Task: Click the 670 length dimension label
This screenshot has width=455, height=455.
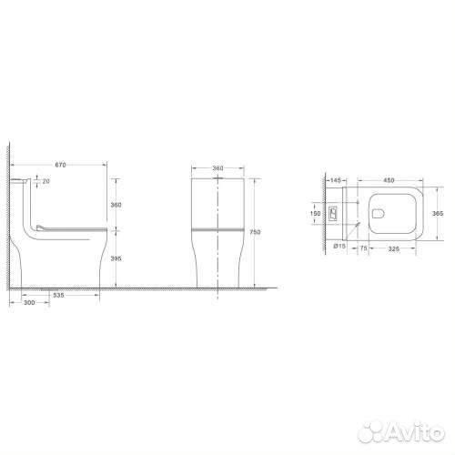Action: click(x=60, y=165)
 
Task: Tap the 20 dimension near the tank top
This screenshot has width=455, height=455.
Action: click(x=45, y=181)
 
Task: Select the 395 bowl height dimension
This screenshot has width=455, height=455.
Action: click(x=116, y=258)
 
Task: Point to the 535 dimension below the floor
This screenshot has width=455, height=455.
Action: click(x=58, y=295)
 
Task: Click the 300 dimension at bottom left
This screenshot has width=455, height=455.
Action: click(x=29, y=302)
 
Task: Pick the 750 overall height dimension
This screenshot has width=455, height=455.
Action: click(x=255, y=232)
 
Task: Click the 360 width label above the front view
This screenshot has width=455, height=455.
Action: click(x=217, y=168)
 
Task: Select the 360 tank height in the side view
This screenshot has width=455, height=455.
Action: click(x=116, y=205)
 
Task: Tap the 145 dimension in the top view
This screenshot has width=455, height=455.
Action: click(x=336, y=180)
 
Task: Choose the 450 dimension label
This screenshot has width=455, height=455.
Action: click(x=389, y=180)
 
